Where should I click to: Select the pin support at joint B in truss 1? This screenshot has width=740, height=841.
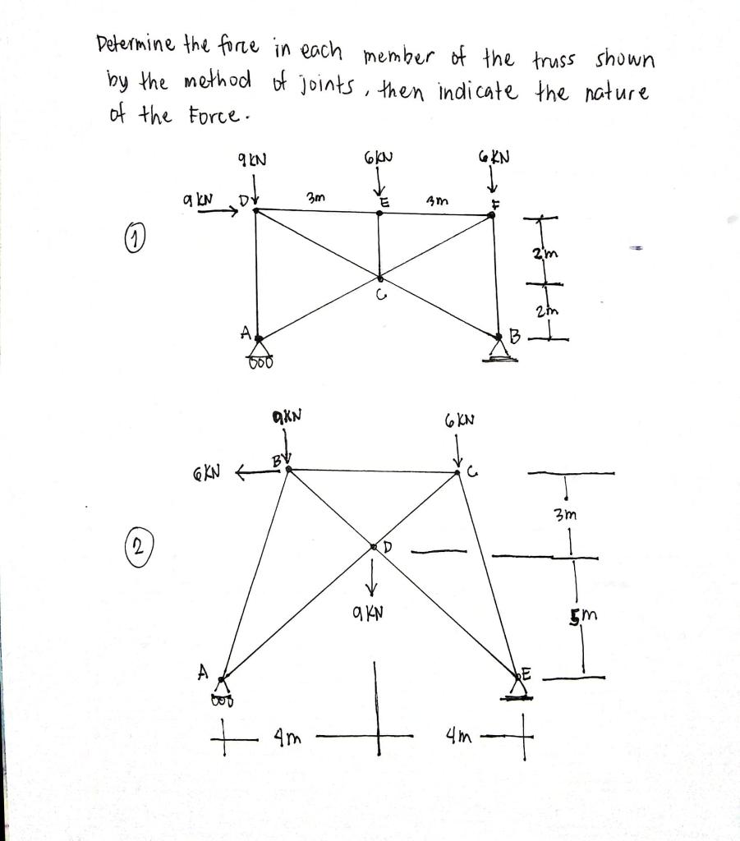click(499, 351)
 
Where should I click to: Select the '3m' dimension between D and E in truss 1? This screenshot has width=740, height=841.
click(315, 198)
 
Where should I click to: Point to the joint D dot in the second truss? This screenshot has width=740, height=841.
click(374, 546)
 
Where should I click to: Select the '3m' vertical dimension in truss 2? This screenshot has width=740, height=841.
click(567, 516)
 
